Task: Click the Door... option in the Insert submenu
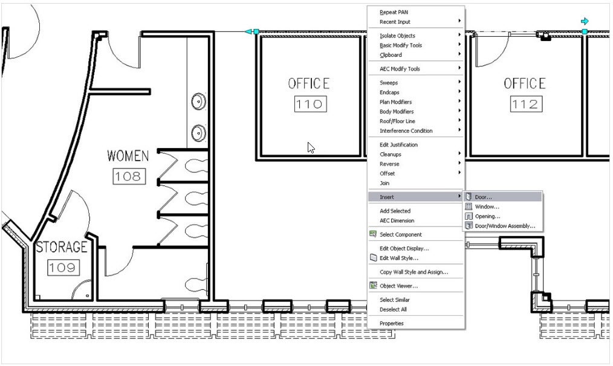[x=483, y=197]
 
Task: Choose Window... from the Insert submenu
[x=487, y=207]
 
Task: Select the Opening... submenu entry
[x=487, y=216]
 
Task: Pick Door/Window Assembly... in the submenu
[x=505, y=226]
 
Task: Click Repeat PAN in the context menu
[x=394, y=12]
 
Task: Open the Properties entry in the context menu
[x=391, y=323]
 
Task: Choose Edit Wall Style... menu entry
[x=398, y=258]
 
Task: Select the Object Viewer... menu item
[x=398, y=286]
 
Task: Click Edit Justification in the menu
[x=398, y=144]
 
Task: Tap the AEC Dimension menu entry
[x=397, y=220]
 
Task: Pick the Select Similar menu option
[x=395, y=300]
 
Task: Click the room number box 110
[x=310, y=104]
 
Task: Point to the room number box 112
[x=524, y=104]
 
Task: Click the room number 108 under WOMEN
[x=129, y=176]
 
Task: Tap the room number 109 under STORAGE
[x=62, y=267]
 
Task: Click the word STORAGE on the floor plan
[x=62, y=248]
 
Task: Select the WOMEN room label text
[x=128, y=156]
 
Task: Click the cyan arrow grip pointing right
[x=584, y=21]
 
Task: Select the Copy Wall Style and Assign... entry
[x=414, y=272]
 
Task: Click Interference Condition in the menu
[x=406, y=130]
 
